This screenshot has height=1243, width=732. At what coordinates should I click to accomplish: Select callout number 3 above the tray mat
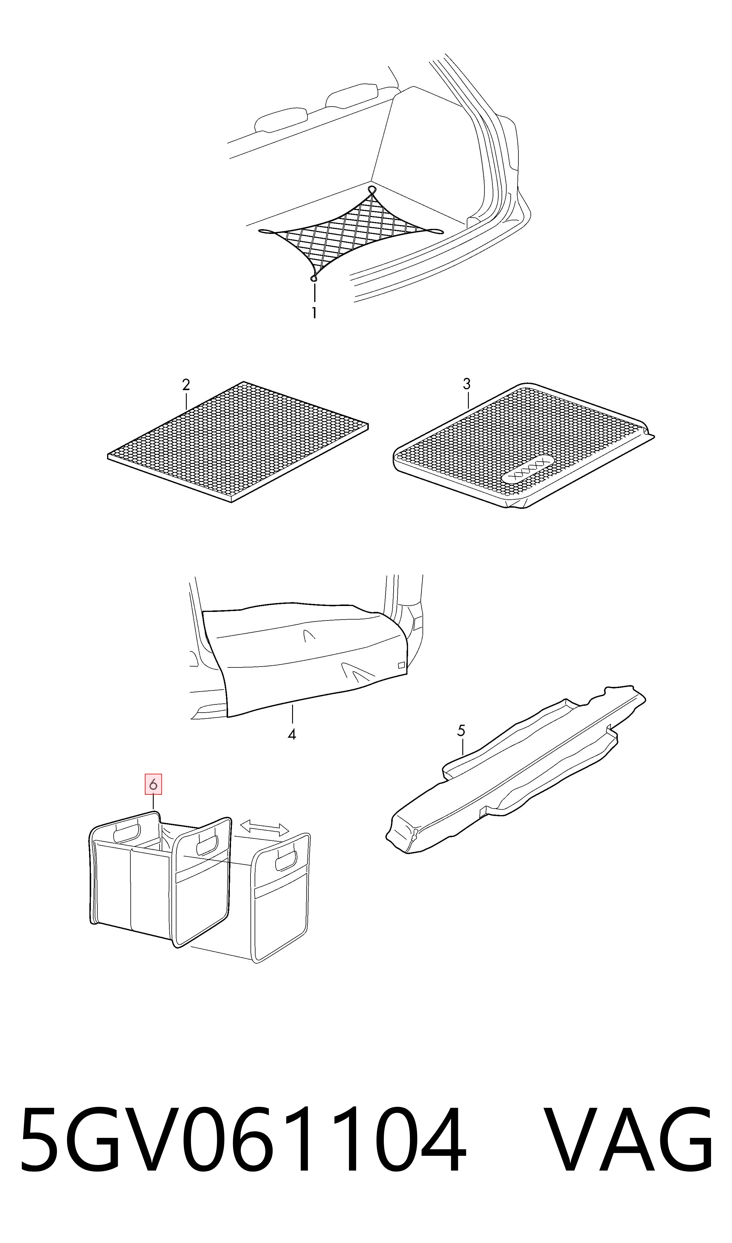pyautogui.click(x=467, y=384)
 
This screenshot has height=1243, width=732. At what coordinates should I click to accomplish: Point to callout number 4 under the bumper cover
pyautogui.click(x=292, y=734)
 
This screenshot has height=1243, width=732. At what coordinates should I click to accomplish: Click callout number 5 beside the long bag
pyautogui.click(x=461, y=731)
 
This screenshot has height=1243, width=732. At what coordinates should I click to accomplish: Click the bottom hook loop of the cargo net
pyautogui.click(x=313, y=279)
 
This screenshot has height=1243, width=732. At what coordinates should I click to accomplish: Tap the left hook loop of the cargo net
pyautogui.click(x=266, y=231)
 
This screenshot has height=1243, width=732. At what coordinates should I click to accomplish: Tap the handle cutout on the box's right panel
pyautogui.click(x=286, y=861)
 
